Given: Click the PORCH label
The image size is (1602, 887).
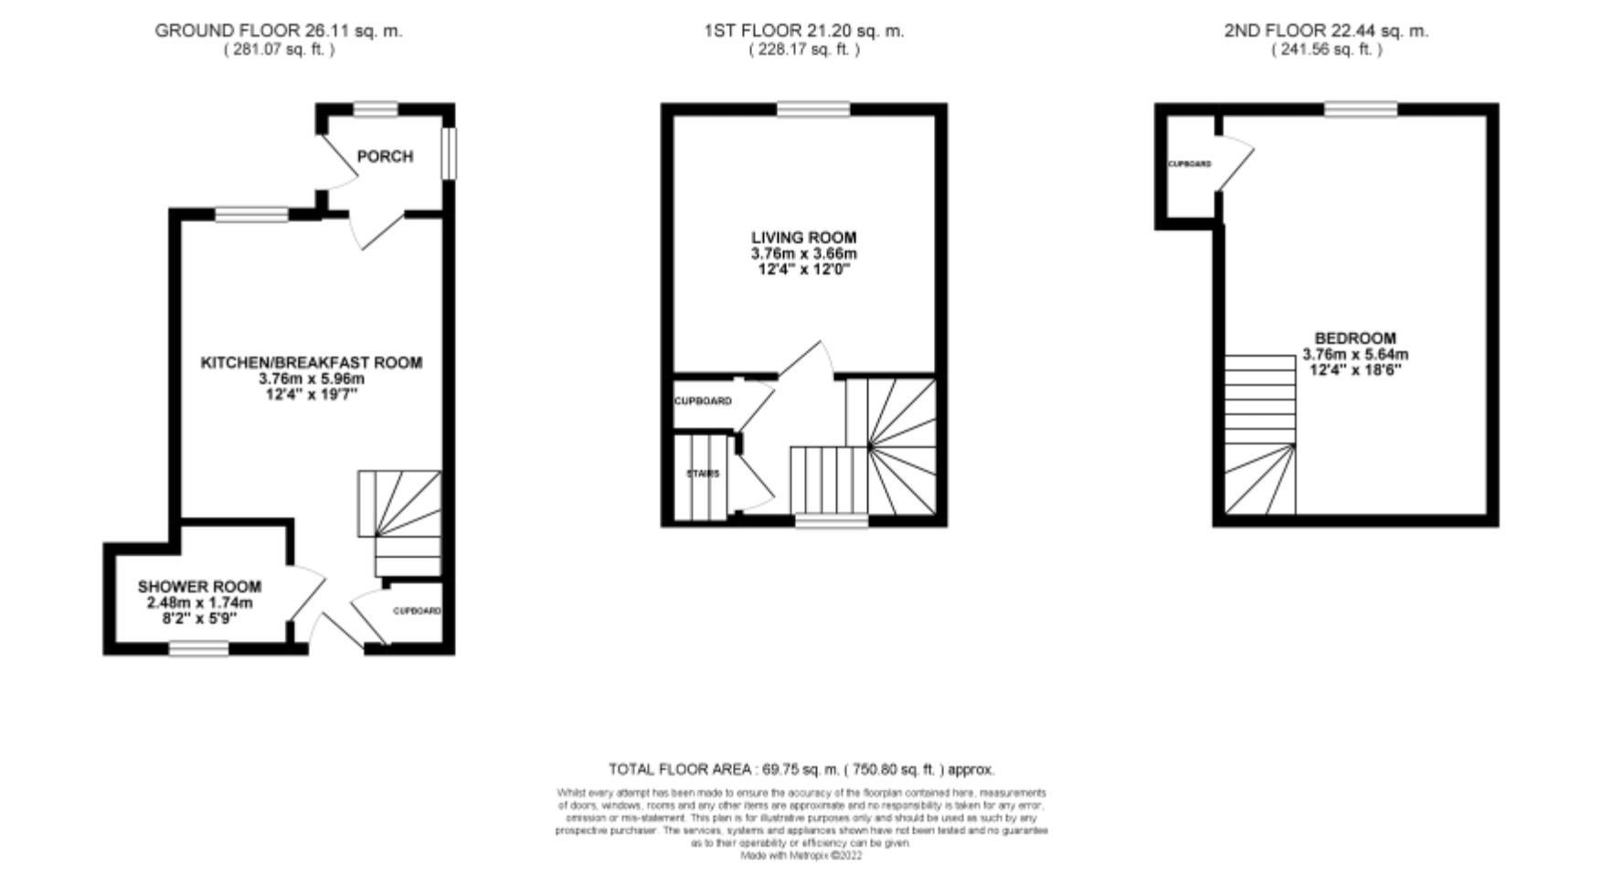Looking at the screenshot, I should [385, 156].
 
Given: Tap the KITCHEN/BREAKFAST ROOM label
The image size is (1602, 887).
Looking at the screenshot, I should [312, 363].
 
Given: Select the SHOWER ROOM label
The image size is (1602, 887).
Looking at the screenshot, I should [199, 587].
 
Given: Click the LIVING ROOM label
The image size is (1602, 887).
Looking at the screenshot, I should [804, 238].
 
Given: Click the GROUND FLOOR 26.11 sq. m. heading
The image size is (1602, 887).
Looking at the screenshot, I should [279, 30].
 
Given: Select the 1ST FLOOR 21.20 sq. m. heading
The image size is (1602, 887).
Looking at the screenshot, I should [804, 30].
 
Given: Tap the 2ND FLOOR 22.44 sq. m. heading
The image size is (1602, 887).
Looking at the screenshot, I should [1326, 30].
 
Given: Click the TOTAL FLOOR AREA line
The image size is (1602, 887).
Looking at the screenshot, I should [801, 769].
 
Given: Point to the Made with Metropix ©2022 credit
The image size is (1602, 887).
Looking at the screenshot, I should [801, 856].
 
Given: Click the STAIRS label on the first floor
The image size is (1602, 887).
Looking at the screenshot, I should [703, 474].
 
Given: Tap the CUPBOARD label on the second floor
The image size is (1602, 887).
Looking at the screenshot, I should [1190, 165].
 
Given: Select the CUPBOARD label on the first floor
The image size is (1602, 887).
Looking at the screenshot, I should [703, 401].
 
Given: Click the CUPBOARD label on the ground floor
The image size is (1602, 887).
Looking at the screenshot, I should [418, 611].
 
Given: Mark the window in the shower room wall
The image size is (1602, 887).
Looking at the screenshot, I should [199, 648].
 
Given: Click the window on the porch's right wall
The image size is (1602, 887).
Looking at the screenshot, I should [449, 154].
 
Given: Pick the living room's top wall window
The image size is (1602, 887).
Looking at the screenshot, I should [813, 110].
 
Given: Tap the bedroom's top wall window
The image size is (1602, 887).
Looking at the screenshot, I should [1361, 110].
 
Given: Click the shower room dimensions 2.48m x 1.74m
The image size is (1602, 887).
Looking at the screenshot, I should [199, 604].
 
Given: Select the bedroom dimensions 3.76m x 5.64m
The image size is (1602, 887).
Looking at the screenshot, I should [1355, 355].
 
